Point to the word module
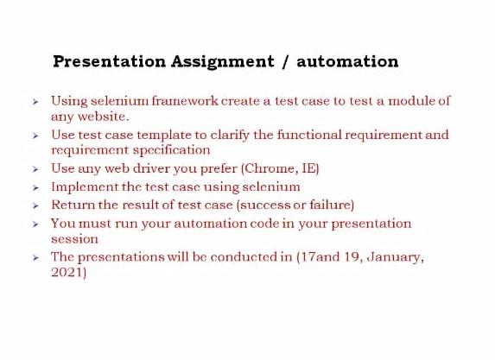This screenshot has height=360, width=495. point(409,101)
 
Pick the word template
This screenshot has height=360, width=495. point(172,135)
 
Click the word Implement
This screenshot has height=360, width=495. point(84,186)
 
